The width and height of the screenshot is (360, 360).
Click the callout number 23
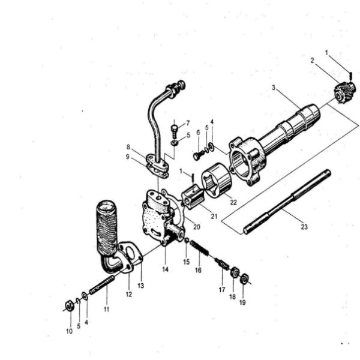tap(304, 227)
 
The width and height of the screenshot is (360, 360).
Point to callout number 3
tap(273, 88)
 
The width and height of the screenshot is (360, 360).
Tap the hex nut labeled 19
tap(244, 279)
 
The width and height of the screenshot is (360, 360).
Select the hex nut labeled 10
tap(69, 306)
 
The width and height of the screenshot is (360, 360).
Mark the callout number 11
tap(106, 310)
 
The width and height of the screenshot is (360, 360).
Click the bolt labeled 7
tap(174, 129)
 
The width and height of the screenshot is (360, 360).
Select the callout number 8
tap(128, 147)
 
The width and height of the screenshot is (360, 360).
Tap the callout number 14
tap(164, 269)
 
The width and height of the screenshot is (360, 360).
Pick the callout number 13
tap(141, 285)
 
